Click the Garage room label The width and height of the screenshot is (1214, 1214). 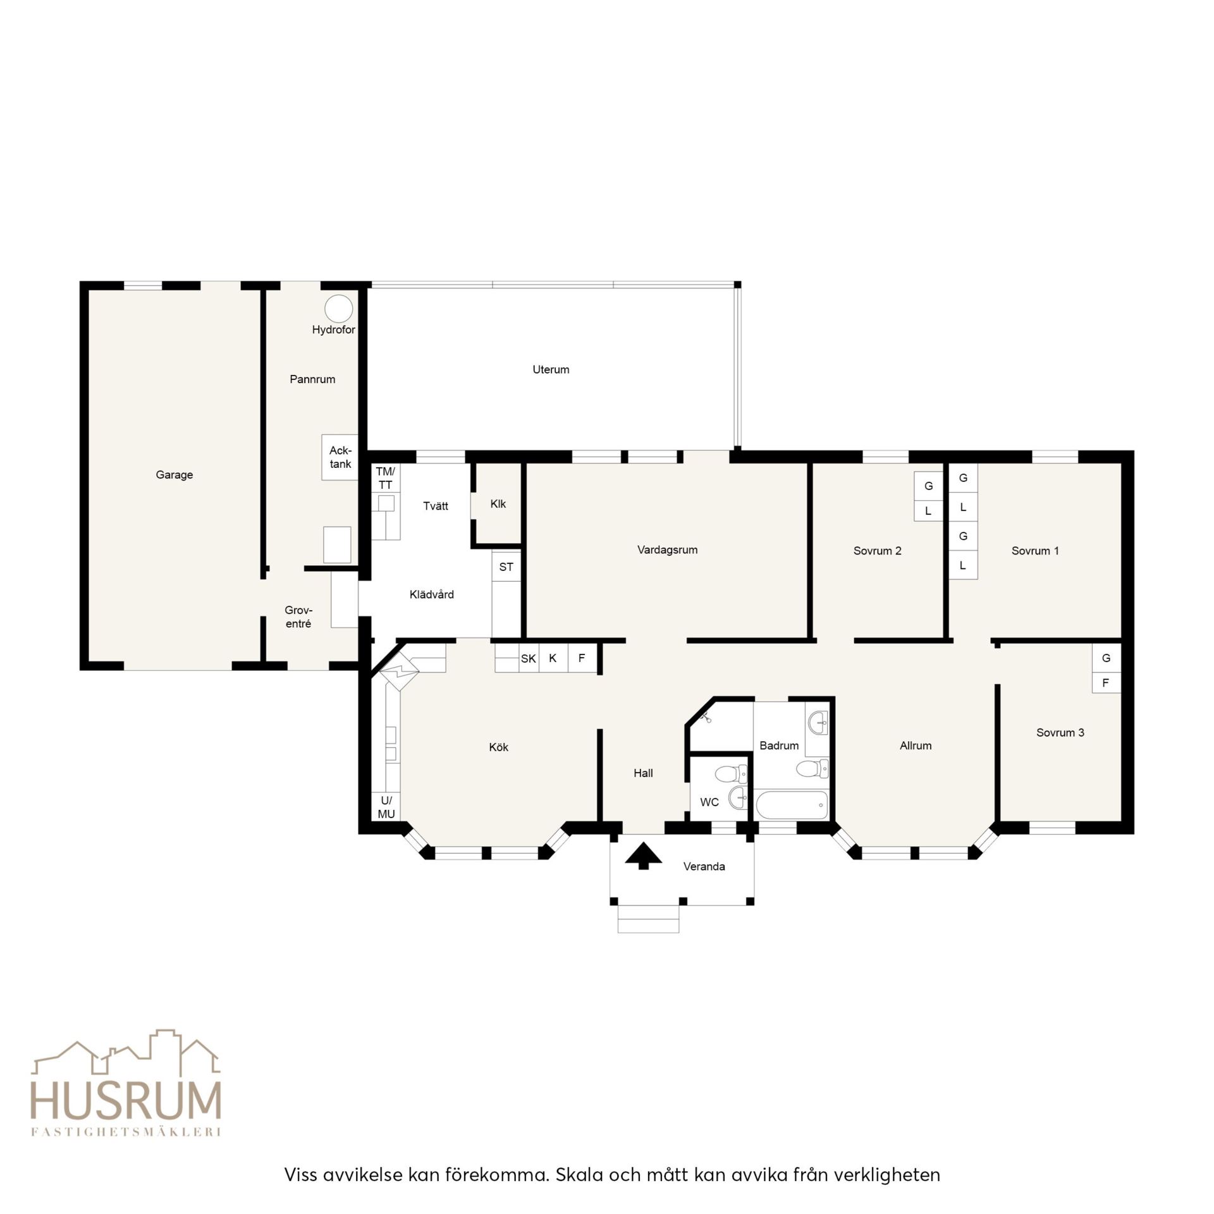tap(174, 475)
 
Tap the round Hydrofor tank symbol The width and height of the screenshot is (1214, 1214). tap(339, 309)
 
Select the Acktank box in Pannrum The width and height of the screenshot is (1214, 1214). tap(340, 457)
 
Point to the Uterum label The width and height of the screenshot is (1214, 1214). tap(551, 370)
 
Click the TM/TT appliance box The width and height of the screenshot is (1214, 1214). tap(385, 478)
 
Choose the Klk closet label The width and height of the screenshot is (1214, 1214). tap(498, 504)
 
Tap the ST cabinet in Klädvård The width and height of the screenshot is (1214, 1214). tap(506, 566)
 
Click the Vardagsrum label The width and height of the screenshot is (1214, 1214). tap(667, 550)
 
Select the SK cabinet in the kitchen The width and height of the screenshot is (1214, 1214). tap(529, 658)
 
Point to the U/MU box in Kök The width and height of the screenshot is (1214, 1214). tap(386, 807)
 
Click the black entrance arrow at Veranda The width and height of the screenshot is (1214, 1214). tap(644, 855)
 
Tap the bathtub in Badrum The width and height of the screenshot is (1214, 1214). tap(792, 805)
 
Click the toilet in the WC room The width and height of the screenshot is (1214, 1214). tap(734, 773)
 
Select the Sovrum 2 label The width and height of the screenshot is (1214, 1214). tap(877, 551)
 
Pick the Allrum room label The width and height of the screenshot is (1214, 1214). tap(916, 746)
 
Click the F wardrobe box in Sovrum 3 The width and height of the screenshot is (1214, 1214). tap(1106, 683)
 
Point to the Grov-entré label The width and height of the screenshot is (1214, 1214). tap(298, 617)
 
